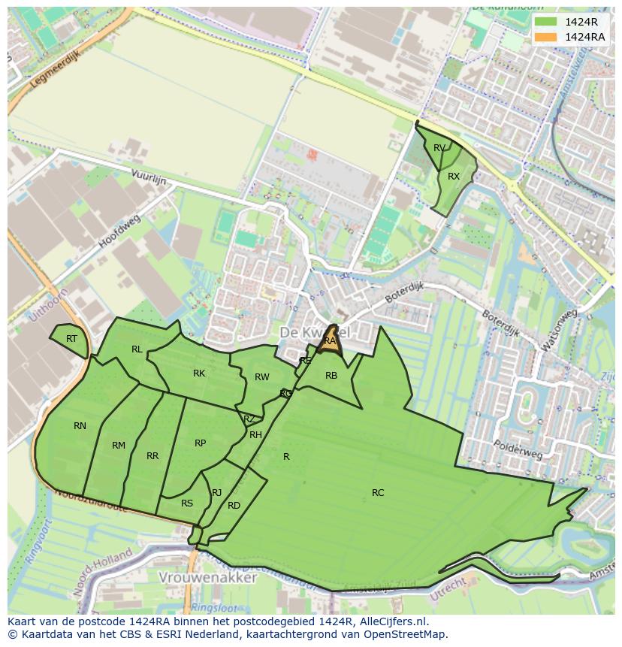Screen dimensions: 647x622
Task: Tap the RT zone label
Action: [71, 339]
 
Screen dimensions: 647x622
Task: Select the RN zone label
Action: [80, 426]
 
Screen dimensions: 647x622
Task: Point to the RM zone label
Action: [119, 446]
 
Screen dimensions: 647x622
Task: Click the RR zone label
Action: [152, 456]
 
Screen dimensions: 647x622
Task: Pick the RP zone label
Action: [200, 443]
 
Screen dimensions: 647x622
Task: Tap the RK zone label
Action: [199, 373]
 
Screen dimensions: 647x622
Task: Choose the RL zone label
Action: [137, 349]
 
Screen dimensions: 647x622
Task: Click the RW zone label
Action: [261, 377]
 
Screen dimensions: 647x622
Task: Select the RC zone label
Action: [378, 493]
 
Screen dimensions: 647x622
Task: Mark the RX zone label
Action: [454, 177]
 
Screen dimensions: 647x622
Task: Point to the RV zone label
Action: [439, 148]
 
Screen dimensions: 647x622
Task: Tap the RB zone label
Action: [331, 376]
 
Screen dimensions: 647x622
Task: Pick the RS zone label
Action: [187, 503]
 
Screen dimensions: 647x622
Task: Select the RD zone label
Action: [234, 506]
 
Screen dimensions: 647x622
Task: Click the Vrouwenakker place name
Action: [202, 577]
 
